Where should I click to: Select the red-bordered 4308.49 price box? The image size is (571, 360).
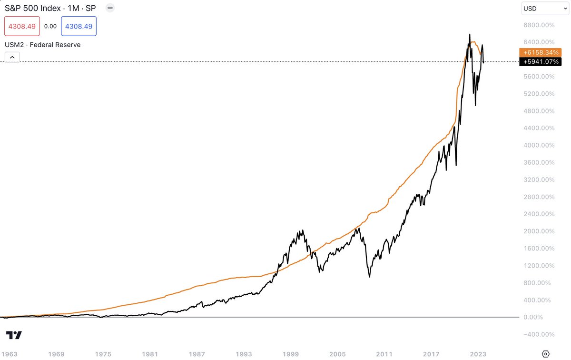(x=22, y=26)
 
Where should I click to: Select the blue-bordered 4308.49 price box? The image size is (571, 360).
(x=79, y=26)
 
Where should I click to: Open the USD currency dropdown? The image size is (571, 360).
(x=544, y=8)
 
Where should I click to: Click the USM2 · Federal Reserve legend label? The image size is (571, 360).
(x=42, y=45)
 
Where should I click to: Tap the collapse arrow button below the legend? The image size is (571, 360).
(x=12, y=58)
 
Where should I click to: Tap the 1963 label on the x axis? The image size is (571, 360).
(x=10, y=354)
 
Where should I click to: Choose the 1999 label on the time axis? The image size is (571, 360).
(x=291, y=354)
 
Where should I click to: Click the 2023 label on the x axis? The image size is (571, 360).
(x=478, y=354)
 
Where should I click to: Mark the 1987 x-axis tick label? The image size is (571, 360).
(x=197, y=354)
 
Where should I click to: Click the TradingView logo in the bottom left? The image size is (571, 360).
(x=14, y=335)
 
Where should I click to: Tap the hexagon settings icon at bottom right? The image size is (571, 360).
(x=545, y=354)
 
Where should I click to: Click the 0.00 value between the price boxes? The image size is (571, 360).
(x=50, y=26)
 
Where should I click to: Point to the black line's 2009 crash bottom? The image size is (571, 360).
(x=369, y=277)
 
